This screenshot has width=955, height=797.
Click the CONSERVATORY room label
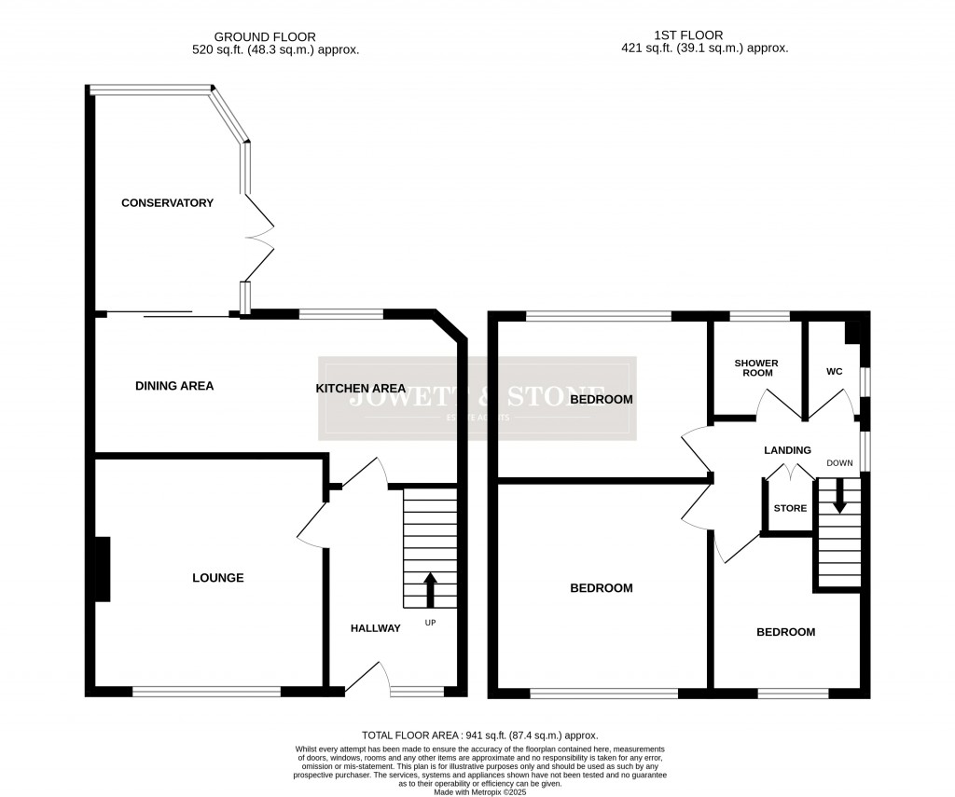pos(167,202)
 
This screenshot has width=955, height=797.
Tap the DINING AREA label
pos(174,386)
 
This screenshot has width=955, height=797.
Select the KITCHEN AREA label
pos(360,389)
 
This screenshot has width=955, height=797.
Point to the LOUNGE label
pos(217,578)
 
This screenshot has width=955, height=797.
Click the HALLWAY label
pos(375,628)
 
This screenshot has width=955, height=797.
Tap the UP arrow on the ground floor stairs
pos(430,590)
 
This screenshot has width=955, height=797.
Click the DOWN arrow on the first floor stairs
pos(839,495)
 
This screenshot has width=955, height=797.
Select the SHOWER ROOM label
pos(755,367)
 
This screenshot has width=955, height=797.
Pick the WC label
pos(834,372)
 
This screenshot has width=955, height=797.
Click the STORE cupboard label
pos(790,508)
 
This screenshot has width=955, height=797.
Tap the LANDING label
pos(787,450)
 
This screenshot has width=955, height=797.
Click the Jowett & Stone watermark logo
pos(477,398)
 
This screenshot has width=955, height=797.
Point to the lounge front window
pos(206,692)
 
